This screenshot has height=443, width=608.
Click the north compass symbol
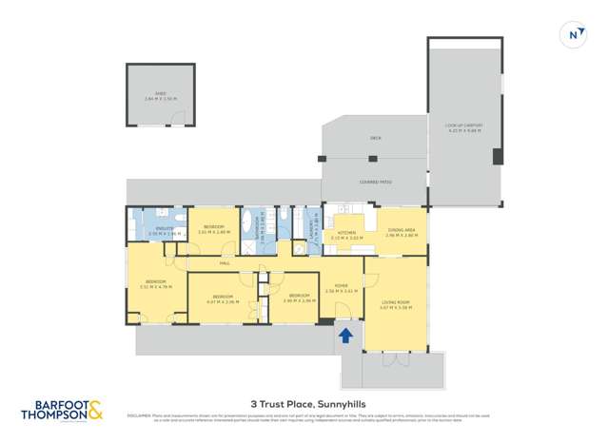573,34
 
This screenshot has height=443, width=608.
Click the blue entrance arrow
345,336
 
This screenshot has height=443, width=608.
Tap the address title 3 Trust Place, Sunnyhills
304,402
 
